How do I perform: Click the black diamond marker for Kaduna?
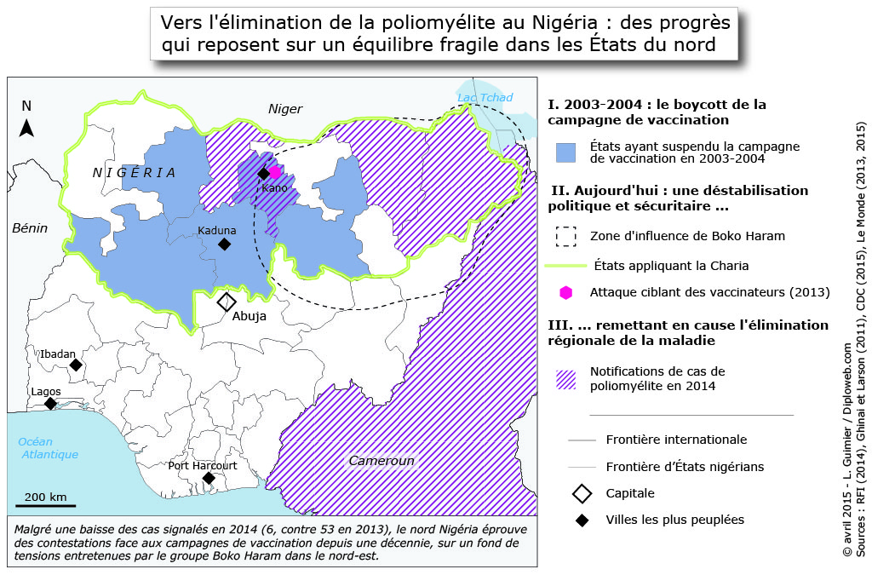click(224, 244)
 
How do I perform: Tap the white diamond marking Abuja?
click(227, 302)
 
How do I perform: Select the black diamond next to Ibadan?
click(76, 365)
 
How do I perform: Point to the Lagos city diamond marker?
click(50, 403)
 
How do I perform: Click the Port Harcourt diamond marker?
click(209, 478)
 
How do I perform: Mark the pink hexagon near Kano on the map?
click(274, 172)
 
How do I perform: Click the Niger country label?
click(285, 109)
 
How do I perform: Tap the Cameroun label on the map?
click(381, 461)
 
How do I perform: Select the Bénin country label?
click(29, 227)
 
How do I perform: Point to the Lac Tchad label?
click(485, 97)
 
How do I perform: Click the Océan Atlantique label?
click(48, 448)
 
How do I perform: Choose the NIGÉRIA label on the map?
click(134, 173)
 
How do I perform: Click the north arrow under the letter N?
click(26, 128)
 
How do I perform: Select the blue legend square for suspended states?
click(566, 152)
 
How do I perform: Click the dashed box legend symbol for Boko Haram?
click(566, 236)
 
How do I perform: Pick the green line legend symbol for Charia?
click(566, 266)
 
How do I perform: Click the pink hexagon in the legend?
click(566, 292)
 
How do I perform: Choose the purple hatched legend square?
click(566, 379)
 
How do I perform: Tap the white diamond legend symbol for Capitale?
click(582, 493)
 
